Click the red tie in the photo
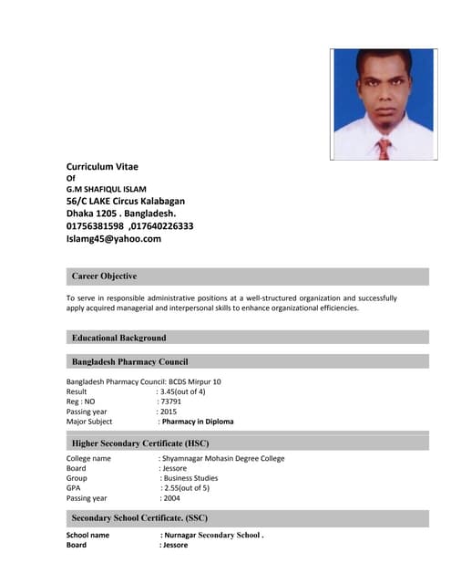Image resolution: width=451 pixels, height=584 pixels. point(384,148)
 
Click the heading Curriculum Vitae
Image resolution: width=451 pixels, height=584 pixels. point(102,166)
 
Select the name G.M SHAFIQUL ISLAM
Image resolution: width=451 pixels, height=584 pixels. point(106,189)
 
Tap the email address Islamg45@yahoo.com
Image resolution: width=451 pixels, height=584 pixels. point(113,238)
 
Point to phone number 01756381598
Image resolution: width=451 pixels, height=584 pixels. point(95,225)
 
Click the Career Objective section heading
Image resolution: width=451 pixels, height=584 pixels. point(104,276)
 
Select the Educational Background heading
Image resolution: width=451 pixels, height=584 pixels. point(118,338)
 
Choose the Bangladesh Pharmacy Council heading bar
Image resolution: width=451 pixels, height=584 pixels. point(129,361)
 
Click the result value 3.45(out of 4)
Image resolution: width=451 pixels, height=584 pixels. point(182,391)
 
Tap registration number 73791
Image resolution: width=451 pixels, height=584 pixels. point(170,401)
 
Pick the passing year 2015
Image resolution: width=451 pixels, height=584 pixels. point(169,412)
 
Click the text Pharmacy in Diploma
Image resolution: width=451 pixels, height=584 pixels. point(198,422)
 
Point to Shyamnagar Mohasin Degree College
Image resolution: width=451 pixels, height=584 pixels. point(223,458)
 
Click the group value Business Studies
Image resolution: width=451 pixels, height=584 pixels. point(190,478)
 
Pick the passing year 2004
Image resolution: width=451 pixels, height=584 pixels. point(171,498)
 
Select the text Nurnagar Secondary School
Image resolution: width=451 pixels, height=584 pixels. point(212,536)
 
